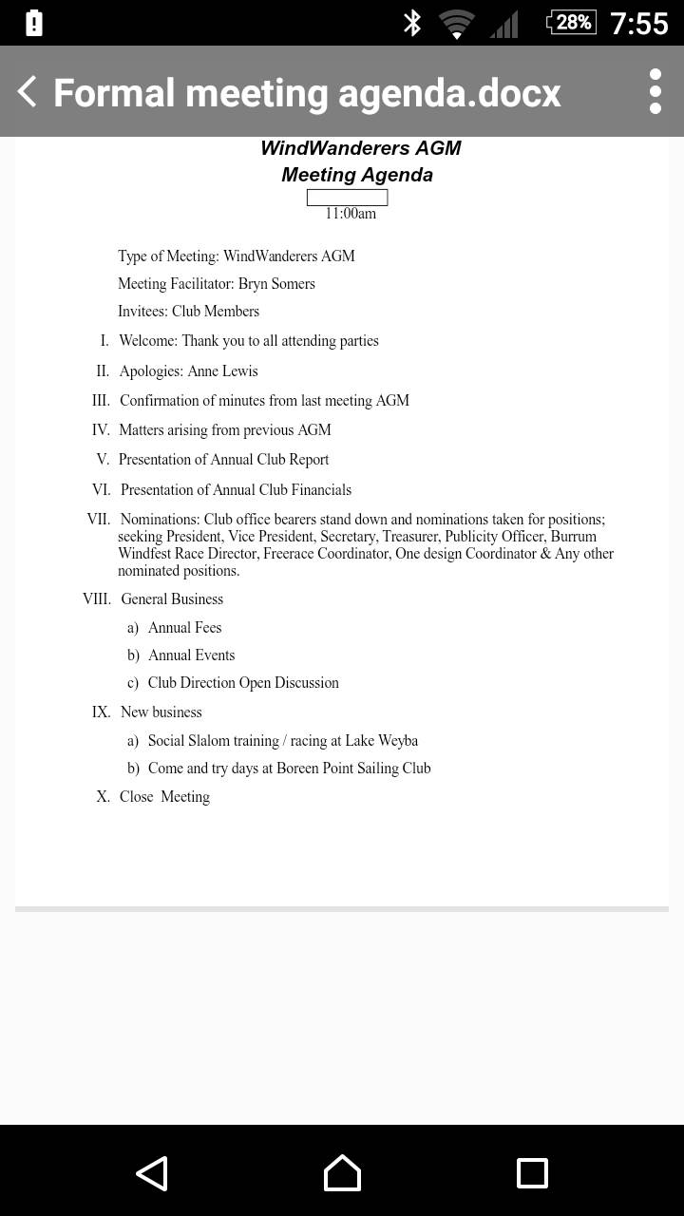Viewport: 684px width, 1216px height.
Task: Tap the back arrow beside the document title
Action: pos(27,92)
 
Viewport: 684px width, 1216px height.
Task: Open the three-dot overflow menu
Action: pos(655,91)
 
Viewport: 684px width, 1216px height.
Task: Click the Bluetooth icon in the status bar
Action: pos(412,23)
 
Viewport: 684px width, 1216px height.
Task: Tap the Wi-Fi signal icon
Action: pos(457,24)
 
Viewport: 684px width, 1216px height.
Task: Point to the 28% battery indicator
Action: pos(572,22)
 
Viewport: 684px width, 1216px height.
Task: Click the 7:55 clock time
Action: pos(638,23)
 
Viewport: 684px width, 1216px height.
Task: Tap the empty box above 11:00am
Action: pos(347,198)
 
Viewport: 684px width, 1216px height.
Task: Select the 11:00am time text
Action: pos(351,214)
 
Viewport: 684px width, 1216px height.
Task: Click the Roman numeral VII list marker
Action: pos(98,520)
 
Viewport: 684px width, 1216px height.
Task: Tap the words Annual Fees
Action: pos(184,628)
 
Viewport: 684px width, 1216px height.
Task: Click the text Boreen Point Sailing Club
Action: pos(353,769)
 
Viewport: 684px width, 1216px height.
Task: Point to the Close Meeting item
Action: pos(164,797)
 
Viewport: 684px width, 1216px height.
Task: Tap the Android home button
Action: pos(342,1173)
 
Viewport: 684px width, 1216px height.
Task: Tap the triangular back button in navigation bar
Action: pos(152,1173)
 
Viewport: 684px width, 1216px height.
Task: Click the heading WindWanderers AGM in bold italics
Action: pos(361,148)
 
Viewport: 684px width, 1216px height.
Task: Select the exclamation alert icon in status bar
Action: pos(34,23)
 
